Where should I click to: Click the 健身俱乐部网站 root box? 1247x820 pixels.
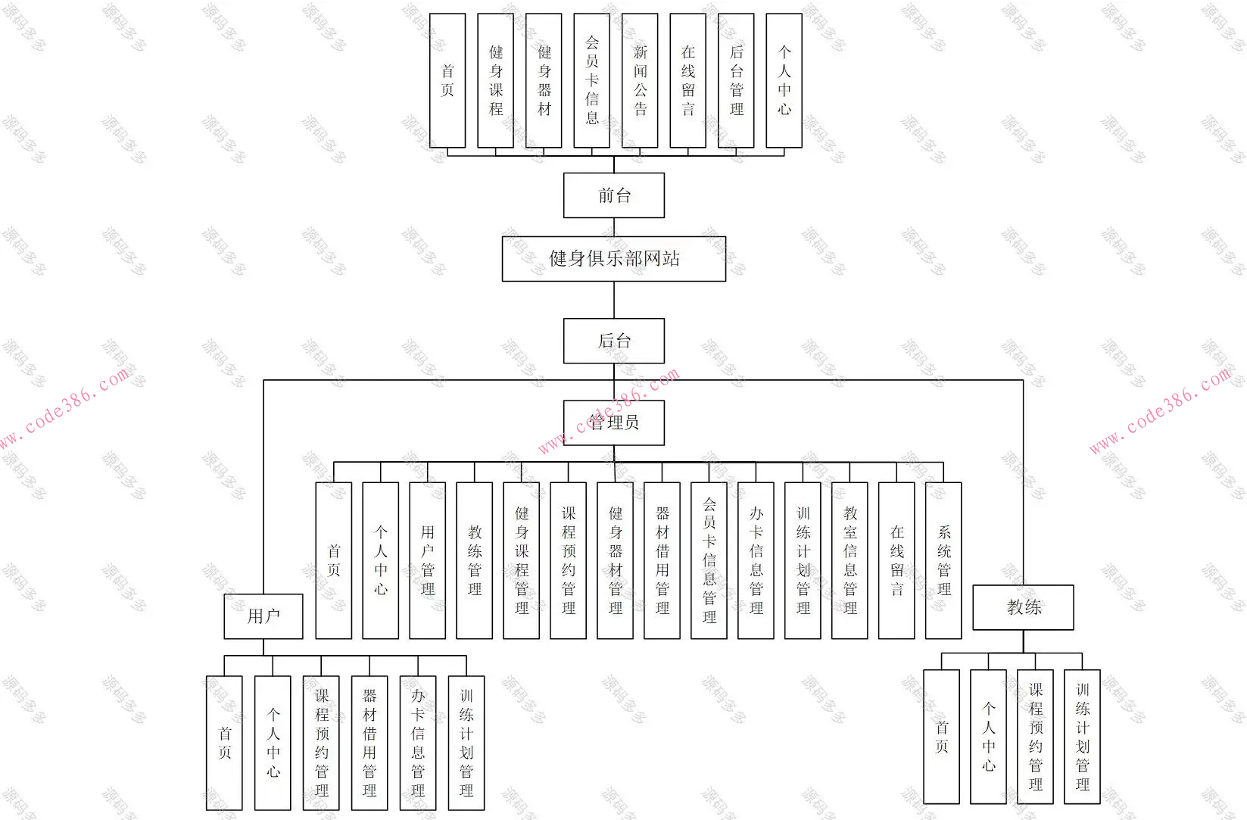coord(613,259)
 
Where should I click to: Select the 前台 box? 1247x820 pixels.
coord(613,195)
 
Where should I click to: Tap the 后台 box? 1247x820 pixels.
coord(613,341)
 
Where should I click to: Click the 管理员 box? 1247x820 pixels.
coord(613,422)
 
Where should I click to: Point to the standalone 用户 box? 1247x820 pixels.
coord(263,616)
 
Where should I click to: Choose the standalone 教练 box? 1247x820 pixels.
coord(1023,607)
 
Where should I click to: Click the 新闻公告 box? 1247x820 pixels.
coord(640,80)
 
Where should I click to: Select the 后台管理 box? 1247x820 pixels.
coord(736,80)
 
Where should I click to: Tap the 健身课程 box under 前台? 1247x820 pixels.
coord(495,80)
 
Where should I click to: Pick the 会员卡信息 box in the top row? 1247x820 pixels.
coord(591,80)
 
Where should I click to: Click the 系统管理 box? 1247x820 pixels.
coord(943,560)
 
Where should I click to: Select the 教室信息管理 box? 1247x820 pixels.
coord(850,560)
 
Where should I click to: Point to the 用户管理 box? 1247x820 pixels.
coord(427,560)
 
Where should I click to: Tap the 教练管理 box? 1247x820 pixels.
coord(474,560)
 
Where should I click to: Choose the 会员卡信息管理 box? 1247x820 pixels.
coord(709,560)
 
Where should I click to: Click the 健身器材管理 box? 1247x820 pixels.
coord(615,560)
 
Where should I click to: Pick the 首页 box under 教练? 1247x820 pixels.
coord(941,736)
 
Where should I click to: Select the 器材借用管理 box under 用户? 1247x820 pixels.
coord(369,743)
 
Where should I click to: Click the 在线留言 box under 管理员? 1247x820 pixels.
coord(896,560)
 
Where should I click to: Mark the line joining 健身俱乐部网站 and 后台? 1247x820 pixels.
coord(614,300)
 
